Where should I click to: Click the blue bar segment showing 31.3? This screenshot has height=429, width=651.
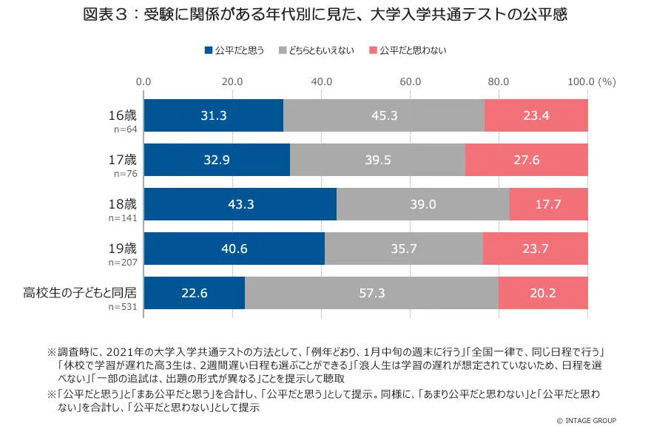[x=213, y=115]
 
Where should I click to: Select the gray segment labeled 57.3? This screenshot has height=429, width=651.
[x=371, y=294]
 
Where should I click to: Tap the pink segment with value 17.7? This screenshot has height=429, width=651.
[x=548, y=204]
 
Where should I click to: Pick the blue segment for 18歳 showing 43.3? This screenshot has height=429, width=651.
[x=240, y=204]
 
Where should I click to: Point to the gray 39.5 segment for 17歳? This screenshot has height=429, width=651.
[x=377, y=160]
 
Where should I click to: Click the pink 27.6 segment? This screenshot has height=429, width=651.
[x=526, y=160]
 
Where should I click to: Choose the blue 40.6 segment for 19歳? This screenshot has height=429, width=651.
[x=234, y=249]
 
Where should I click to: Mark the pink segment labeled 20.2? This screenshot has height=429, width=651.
[x=543, y=294]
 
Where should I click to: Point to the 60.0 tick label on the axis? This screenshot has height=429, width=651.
[x=410, y=81]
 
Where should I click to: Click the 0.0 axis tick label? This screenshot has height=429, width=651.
[x=144, y=81]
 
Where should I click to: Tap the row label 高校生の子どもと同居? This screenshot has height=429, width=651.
[x=80, y=292]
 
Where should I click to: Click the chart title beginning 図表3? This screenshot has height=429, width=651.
[x=325, y=16]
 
